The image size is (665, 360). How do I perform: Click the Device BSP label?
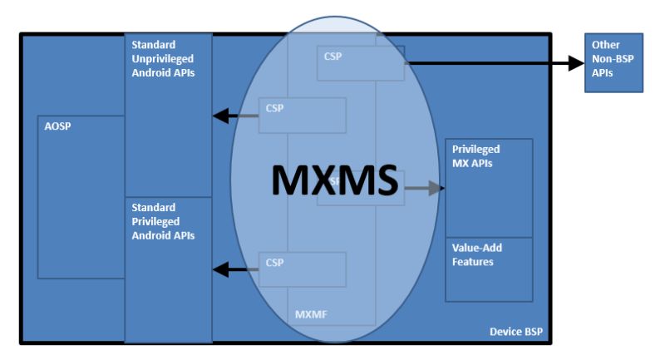[515, 333]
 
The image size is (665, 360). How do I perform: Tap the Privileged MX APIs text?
[476, 156]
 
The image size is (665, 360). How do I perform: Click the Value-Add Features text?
[477, 255]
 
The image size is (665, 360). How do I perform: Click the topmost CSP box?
[360, 63]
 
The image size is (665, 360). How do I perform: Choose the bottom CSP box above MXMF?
[303, 269]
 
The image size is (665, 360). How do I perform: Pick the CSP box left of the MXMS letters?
[303, 115]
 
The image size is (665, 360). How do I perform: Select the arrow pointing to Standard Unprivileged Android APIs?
[236, 116]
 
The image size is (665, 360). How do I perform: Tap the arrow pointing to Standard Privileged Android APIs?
[236, 269]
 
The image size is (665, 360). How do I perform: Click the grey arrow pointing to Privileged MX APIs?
[424, 189]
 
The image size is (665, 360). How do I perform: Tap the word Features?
[473, 262]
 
